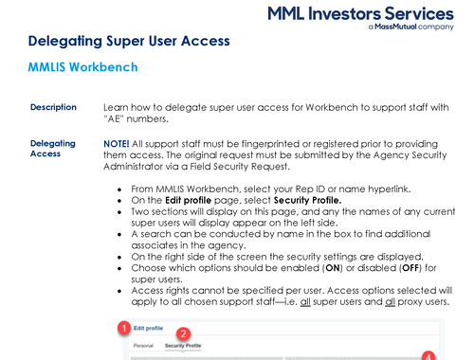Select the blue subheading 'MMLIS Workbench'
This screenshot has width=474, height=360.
click(83, 67)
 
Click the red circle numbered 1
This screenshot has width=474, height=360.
click(121, 327)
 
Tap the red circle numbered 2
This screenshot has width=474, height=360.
click(184, 334)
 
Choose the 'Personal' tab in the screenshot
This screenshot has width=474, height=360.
click(143, 347)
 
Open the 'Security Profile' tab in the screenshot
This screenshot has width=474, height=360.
click(183, 347)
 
